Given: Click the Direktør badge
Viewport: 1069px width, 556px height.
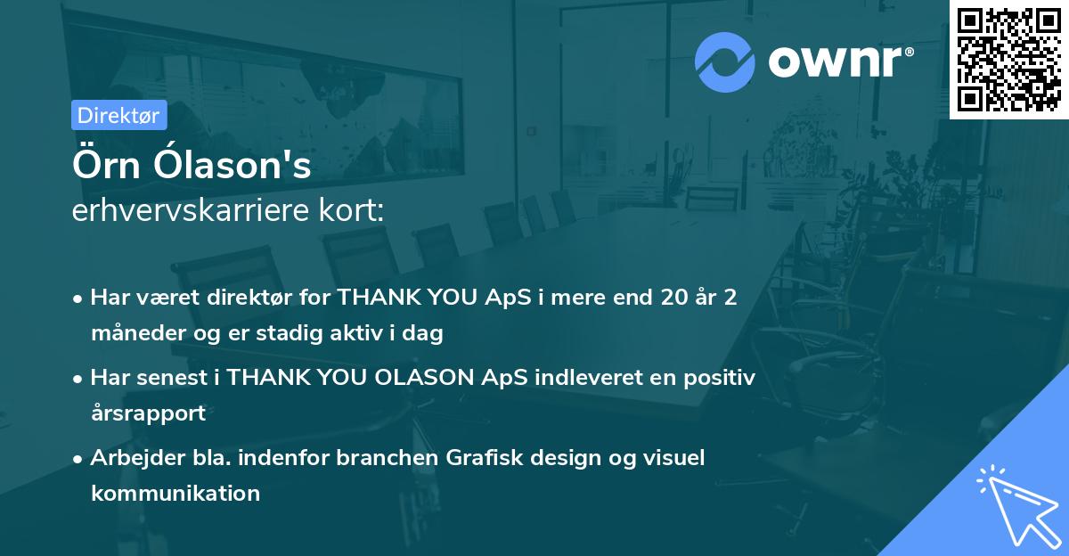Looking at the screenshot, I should click(x=118, y=115).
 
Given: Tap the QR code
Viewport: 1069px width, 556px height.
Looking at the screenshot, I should click(x=1008, y=59).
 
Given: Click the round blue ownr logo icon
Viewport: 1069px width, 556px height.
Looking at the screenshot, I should click(x=725, y=62).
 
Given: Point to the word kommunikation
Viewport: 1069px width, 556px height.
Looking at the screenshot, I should click(x=175, y=493).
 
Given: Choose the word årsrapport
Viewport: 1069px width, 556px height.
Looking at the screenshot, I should click(x=148, y=413).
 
